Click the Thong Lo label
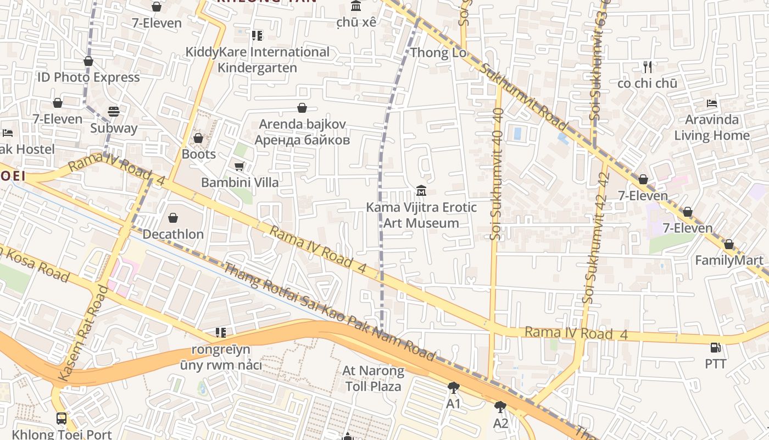(x=438, y=53)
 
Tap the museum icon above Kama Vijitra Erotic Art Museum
(x=421, y=191)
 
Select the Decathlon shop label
(x=173, y=234)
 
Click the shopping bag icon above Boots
(x=198, y=138)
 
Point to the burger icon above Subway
(x=114, y=112)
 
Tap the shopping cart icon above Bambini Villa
(x=239, y=166)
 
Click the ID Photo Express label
(x=88, y=77)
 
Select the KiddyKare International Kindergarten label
(x=257, y=59)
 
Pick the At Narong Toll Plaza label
(x=374, y=378)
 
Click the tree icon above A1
(x=453, y=388)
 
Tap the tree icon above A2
(x=500, y=407)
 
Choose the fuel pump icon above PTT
(x=715, y=348)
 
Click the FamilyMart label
(x=729, y=260)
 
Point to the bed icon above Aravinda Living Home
(x=712, y=103)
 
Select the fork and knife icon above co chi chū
(x=647, y=67)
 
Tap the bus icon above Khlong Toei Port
(x=62, y=418)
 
